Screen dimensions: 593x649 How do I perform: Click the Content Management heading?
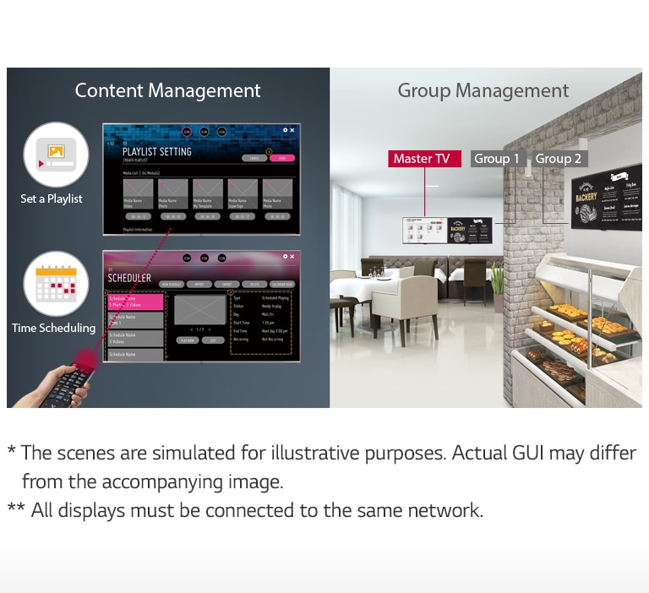[x=167, y=90]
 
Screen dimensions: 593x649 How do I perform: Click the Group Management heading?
[x=483, y=90]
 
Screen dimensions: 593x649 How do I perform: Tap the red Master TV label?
[x=421, y=159]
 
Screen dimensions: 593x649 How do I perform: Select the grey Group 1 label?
[x=496, y=159]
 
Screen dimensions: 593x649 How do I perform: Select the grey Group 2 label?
[x=559, y=159]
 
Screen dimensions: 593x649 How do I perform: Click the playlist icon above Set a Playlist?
[x=56, y=155]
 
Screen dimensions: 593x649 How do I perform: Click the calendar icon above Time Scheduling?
[x=56, y=284]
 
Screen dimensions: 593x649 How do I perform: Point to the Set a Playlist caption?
[x=52, y=199]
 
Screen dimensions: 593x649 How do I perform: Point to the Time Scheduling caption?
[x=53, y=328]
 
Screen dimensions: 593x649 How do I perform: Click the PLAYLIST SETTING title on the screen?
[x=162, y=152]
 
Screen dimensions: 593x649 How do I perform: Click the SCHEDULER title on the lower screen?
[x=129, y=277]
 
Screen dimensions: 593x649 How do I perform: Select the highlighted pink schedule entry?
[x=135, y=302]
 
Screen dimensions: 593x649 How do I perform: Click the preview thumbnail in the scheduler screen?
[x=199, y=309]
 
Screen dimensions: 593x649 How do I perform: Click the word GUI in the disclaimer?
[x=533, y=452]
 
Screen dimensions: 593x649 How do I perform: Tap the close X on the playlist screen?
[x=292, y=130]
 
